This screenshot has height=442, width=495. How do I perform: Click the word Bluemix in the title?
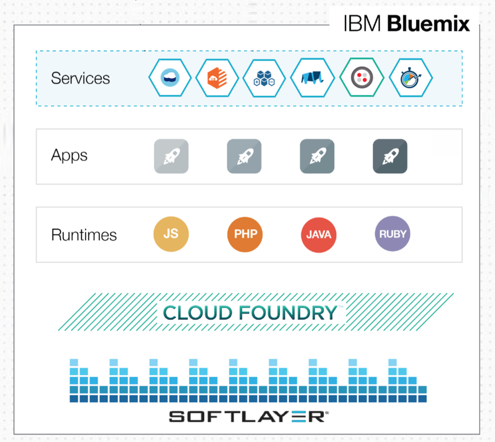click(428, 24)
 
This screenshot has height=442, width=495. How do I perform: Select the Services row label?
click(80, 78)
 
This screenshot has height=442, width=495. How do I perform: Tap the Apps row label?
click(69, 155)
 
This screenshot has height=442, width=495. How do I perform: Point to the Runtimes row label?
click(84, 235)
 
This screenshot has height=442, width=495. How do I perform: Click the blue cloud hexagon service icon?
click(170, 78)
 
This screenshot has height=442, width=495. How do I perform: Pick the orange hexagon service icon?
click(217, 78)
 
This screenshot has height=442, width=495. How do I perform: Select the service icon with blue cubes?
click(264, 78)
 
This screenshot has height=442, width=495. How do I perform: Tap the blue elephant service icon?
click(312, 78)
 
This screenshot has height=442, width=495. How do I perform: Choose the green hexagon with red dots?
click(362, 77)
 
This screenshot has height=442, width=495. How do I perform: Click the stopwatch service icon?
click(411, 78)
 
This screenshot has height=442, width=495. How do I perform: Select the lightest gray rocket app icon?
click(171, 156)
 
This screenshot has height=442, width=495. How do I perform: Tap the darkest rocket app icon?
click(390, 156)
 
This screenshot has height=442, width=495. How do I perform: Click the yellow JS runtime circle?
click(171, 234)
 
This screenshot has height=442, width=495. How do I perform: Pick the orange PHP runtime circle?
click(245, 234)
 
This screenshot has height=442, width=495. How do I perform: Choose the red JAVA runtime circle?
click(318, 235)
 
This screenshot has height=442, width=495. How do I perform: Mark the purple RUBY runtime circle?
click(392, 234)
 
